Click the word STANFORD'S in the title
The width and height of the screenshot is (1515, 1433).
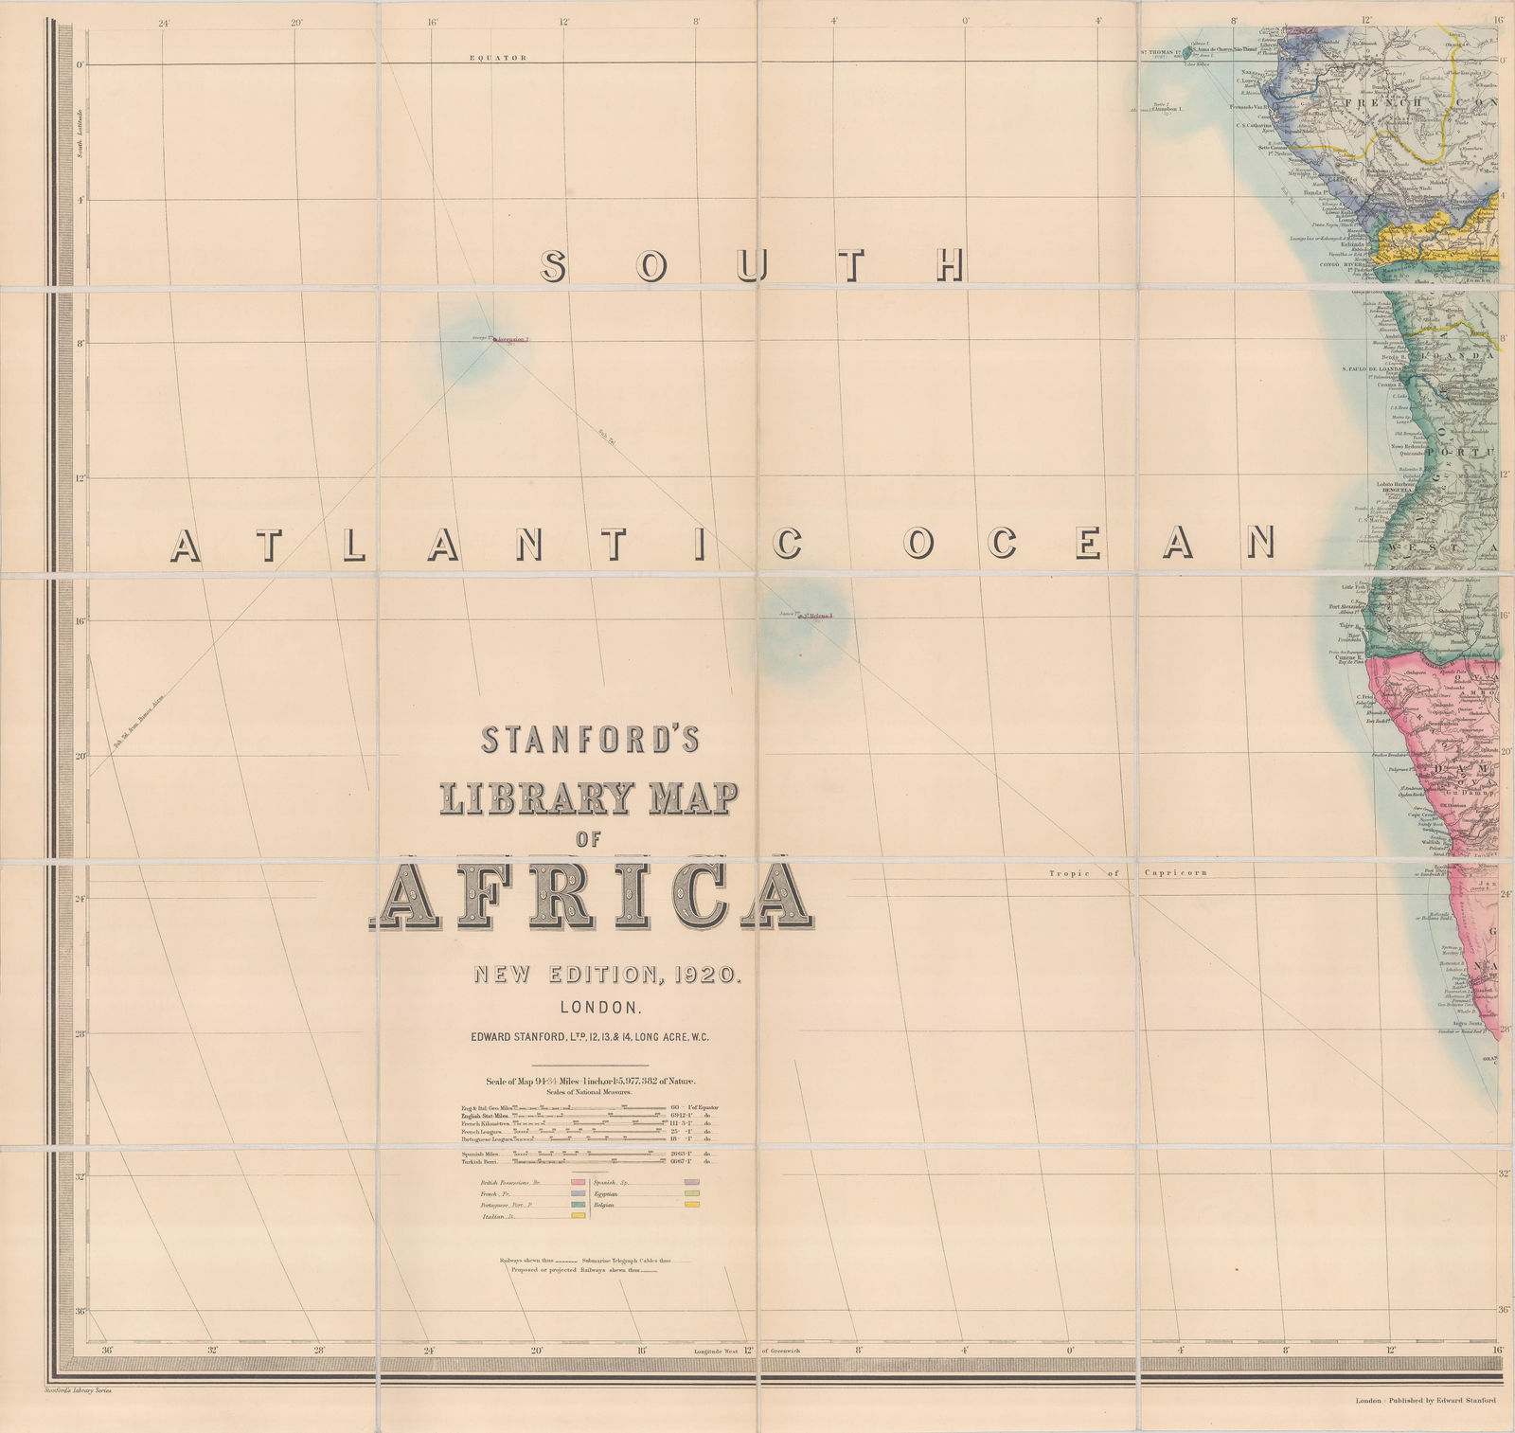click(590, 740)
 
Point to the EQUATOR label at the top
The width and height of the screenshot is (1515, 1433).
click(498, 58)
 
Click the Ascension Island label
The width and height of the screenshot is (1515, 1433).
click(511, 339)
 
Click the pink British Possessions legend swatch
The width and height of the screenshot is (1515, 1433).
click(577, 1183)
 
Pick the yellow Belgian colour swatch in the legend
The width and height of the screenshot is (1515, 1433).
click(691, 1206)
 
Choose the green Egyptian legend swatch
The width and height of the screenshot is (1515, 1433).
click(691, 1194)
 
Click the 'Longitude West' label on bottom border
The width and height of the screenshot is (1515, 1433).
click(717, 1352)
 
